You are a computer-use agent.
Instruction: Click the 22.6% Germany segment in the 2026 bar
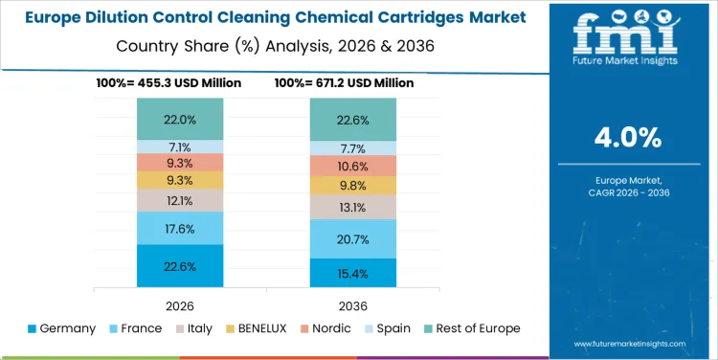coord(180,266)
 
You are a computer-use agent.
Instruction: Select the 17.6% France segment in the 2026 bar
coord(180,228)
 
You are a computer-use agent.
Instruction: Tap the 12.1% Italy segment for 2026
coord(180,200)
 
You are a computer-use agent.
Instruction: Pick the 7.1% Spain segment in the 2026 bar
coord(180,147)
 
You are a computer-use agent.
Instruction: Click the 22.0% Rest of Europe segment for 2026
coord(180,119)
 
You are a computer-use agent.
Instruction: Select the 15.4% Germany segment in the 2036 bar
coord(353,273)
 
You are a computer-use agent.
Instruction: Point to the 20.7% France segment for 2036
coord(353,238)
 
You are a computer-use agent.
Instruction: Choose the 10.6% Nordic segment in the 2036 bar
coord(353,166)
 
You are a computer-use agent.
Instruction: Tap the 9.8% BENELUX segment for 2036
coord(353,186)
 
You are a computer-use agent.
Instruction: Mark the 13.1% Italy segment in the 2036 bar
coord(353,207)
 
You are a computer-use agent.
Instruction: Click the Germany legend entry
coord(61,328)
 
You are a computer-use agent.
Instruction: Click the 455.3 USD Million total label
coord(168,83)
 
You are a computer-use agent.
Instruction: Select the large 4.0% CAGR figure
coord(627,138)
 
